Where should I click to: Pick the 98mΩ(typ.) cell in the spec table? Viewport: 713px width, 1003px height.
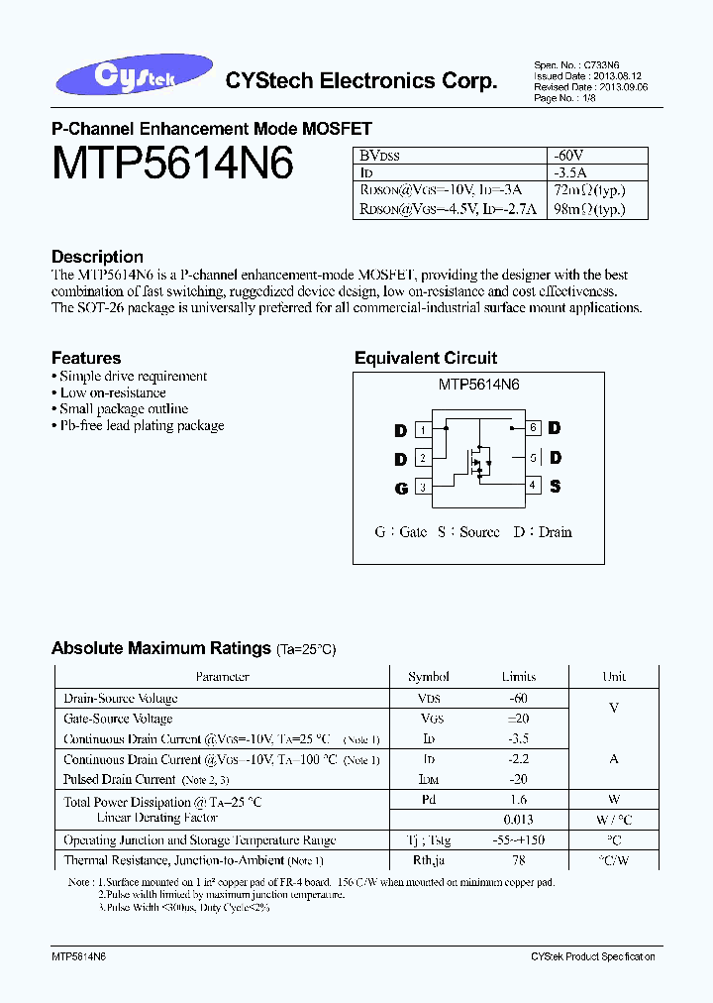(589, 208)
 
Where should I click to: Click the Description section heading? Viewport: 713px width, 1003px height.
(97, 257)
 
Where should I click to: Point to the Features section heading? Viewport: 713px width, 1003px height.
(86, 358)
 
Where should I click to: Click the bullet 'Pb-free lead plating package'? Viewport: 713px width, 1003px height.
(141, 425)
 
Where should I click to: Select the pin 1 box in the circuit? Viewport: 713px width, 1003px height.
(423, 430)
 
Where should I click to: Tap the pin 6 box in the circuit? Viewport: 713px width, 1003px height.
(533, 428)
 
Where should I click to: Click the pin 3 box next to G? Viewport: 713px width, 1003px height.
(423, 488)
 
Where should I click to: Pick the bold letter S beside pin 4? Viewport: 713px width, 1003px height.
(555, 486)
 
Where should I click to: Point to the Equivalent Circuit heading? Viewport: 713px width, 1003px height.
(426, 358)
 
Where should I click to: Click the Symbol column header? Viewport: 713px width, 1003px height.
(429, 677)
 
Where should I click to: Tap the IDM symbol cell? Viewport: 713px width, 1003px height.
(429, 780)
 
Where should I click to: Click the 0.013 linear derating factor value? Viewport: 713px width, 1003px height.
(518, 819)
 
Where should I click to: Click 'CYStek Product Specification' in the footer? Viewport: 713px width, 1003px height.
(592, 956)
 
